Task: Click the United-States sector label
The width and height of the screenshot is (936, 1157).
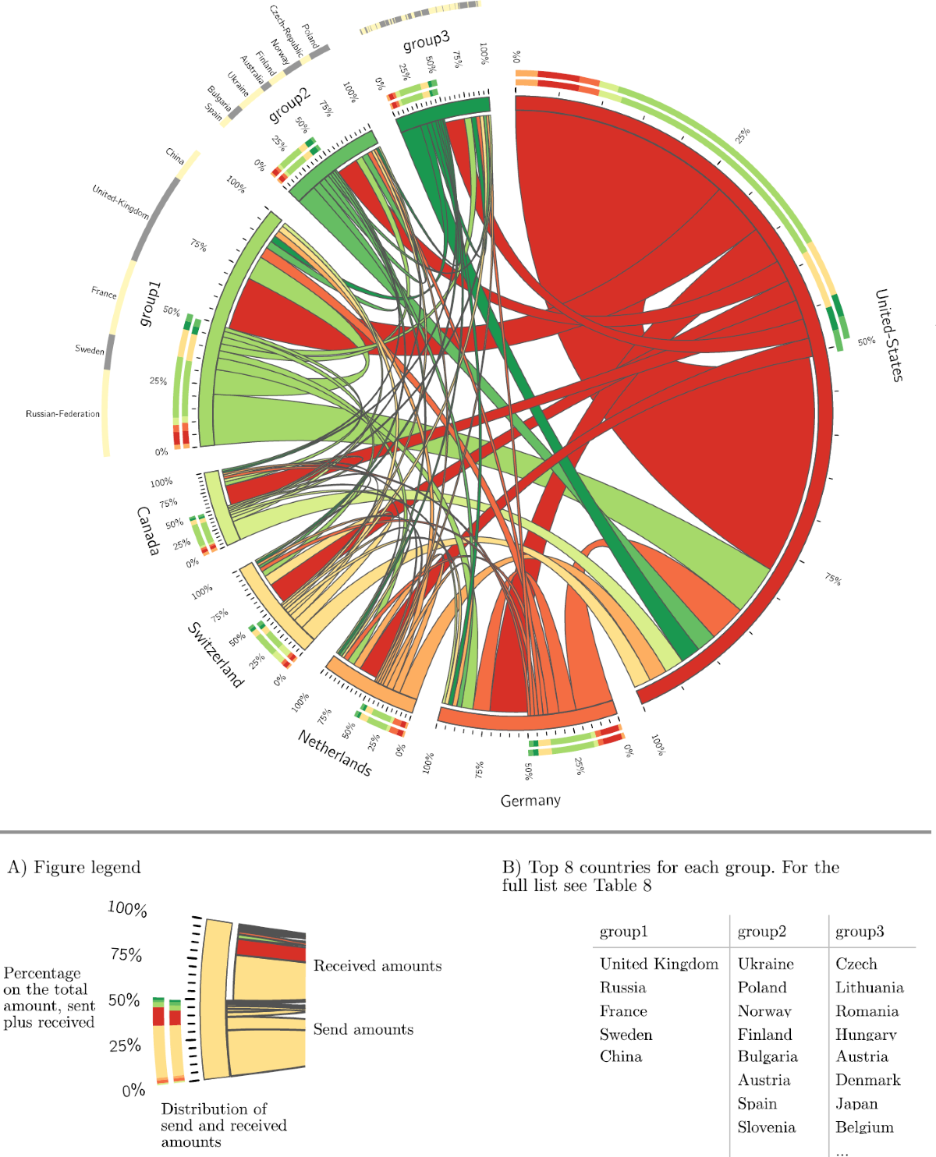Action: click(x=888, y=335)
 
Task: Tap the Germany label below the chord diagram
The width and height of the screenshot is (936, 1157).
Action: click(x=530, y=801)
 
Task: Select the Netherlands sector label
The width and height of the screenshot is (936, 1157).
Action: click(x=335, y=753)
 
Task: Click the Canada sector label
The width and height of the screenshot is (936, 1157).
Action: click(x=147, y=531)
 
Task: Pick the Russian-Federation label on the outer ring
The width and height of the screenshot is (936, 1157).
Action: click(x=62, y=414)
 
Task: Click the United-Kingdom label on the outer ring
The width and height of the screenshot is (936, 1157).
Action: click(x=120, y=201)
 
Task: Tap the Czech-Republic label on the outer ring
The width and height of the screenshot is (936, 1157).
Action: click(x=286, y=31)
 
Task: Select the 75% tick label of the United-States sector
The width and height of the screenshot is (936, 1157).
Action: click(x=833, y=579)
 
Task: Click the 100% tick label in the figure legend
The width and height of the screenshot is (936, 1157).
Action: click(x=127, y=909)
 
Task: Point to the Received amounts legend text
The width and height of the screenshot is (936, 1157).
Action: click(x=378, y=966)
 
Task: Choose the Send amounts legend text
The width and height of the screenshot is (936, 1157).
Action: click(x=363, y=1029)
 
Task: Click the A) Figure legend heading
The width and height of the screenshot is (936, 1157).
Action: click(x=74, y=868)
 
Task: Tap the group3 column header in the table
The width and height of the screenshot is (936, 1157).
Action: click(x=860, y=932)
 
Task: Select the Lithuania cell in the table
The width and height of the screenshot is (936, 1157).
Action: click(x=869, y=988)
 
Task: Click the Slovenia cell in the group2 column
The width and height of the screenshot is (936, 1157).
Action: click(x=766, y=1127)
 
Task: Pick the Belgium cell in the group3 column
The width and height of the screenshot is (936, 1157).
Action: click(x=864, y=1127)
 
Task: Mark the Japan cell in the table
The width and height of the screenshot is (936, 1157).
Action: click(x=856, y=1104)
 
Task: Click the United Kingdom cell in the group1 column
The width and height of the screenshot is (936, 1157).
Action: click(x=658, y=964)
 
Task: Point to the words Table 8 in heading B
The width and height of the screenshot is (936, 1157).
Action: click(x=622, y=886)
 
